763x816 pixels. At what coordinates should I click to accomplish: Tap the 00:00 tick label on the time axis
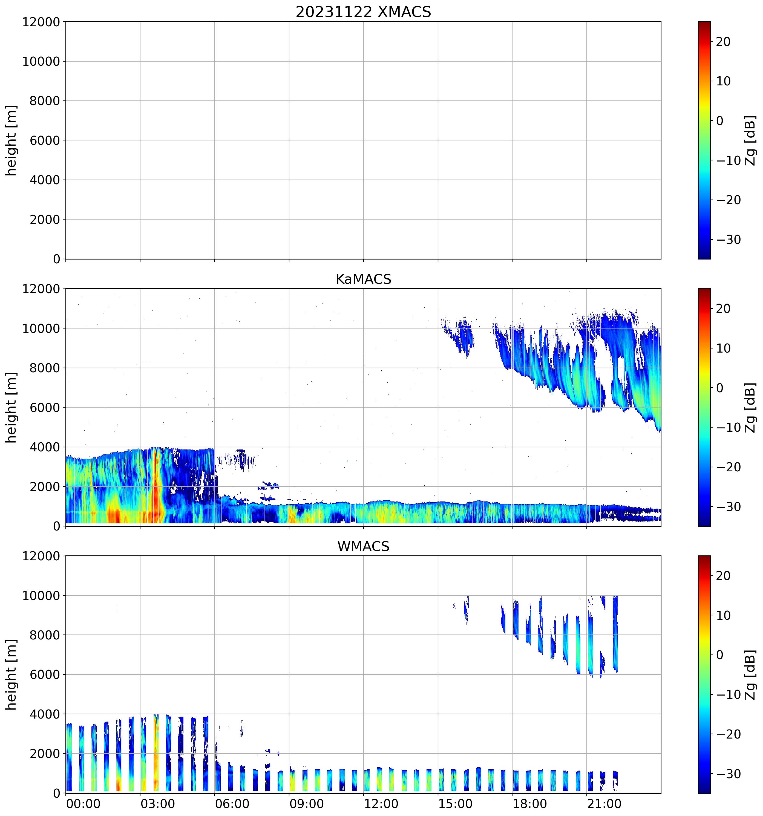[83, 804]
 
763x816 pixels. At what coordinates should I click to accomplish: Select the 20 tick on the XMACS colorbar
[723, 42]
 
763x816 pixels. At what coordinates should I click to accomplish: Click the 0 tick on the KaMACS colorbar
[719, 388]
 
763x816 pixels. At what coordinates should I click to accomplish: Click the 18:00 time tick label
[529, 804]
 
